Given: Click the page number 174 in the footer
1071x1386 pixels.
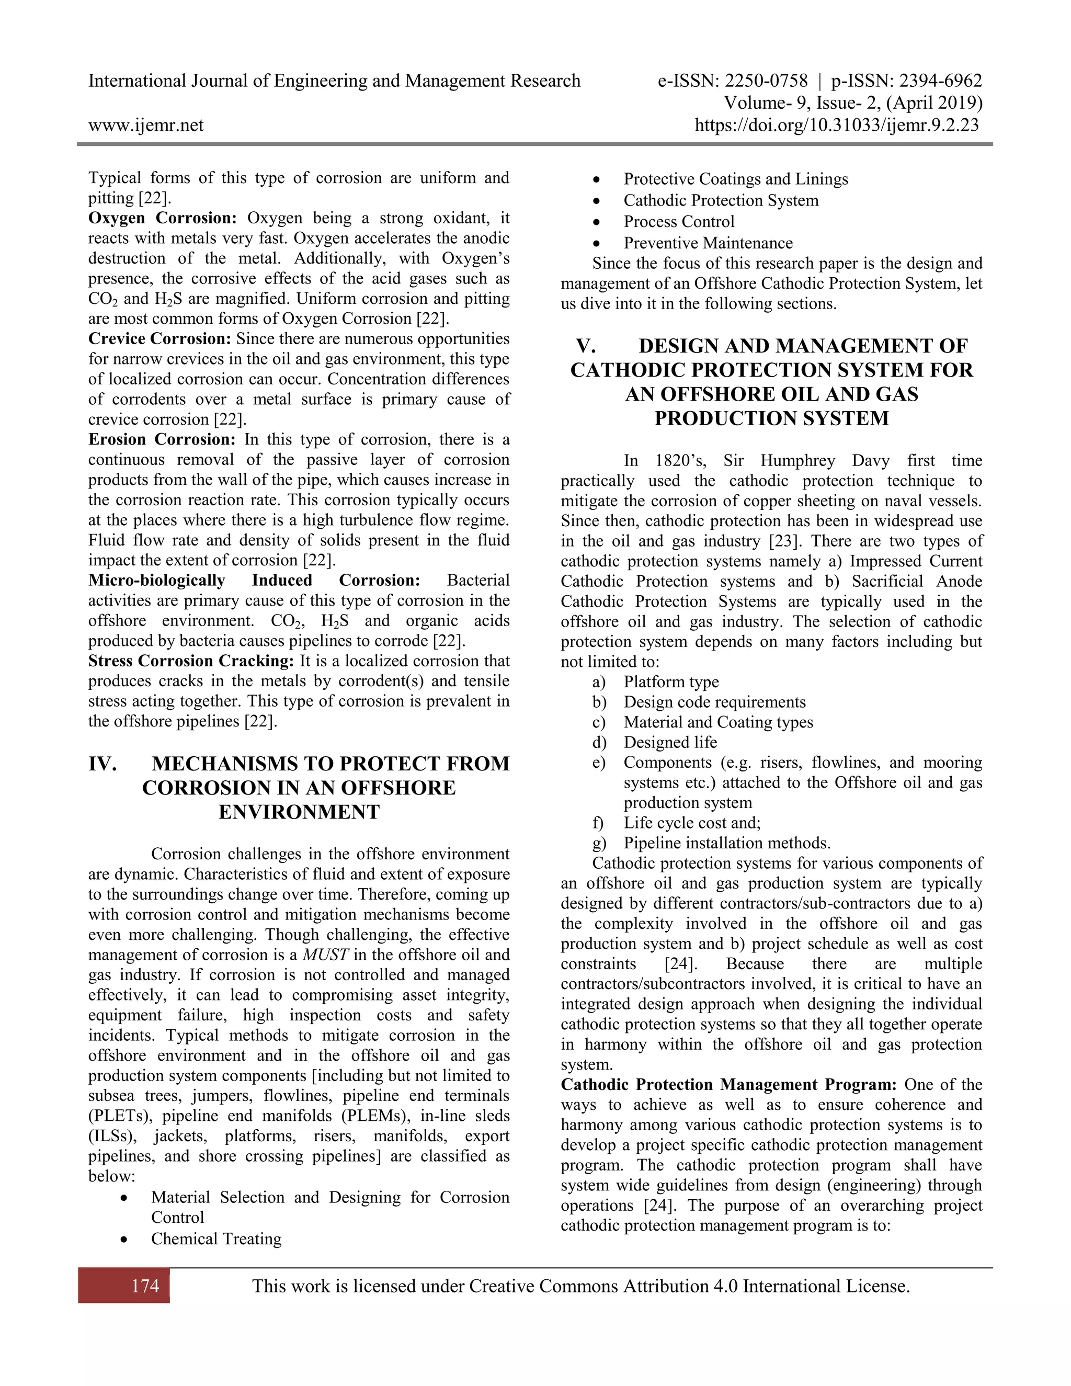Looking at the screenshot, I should [x=145, y=1286].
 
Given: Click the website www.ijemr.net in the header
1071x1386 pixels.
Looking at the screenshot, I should [x=146, y=125].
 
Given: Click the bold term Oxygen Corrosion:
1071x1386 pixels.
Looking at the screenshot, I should [x=163, y=218].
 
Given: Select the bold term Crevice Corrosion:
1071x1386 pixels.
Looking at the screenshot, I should [x=160, y=339].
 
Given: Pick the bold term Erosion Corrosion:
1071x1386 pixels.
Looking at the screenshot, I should [x=162, y=440].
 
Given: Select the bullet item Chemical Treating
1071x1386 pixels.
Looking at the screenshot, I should [x=216, y=1239].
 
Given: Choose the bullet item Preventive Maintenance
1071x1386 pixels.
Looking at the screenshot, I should [x=708, y=243].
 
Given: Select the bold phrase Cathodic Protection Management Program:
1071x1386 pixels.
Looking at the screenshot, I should [x=729, y=1085].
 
